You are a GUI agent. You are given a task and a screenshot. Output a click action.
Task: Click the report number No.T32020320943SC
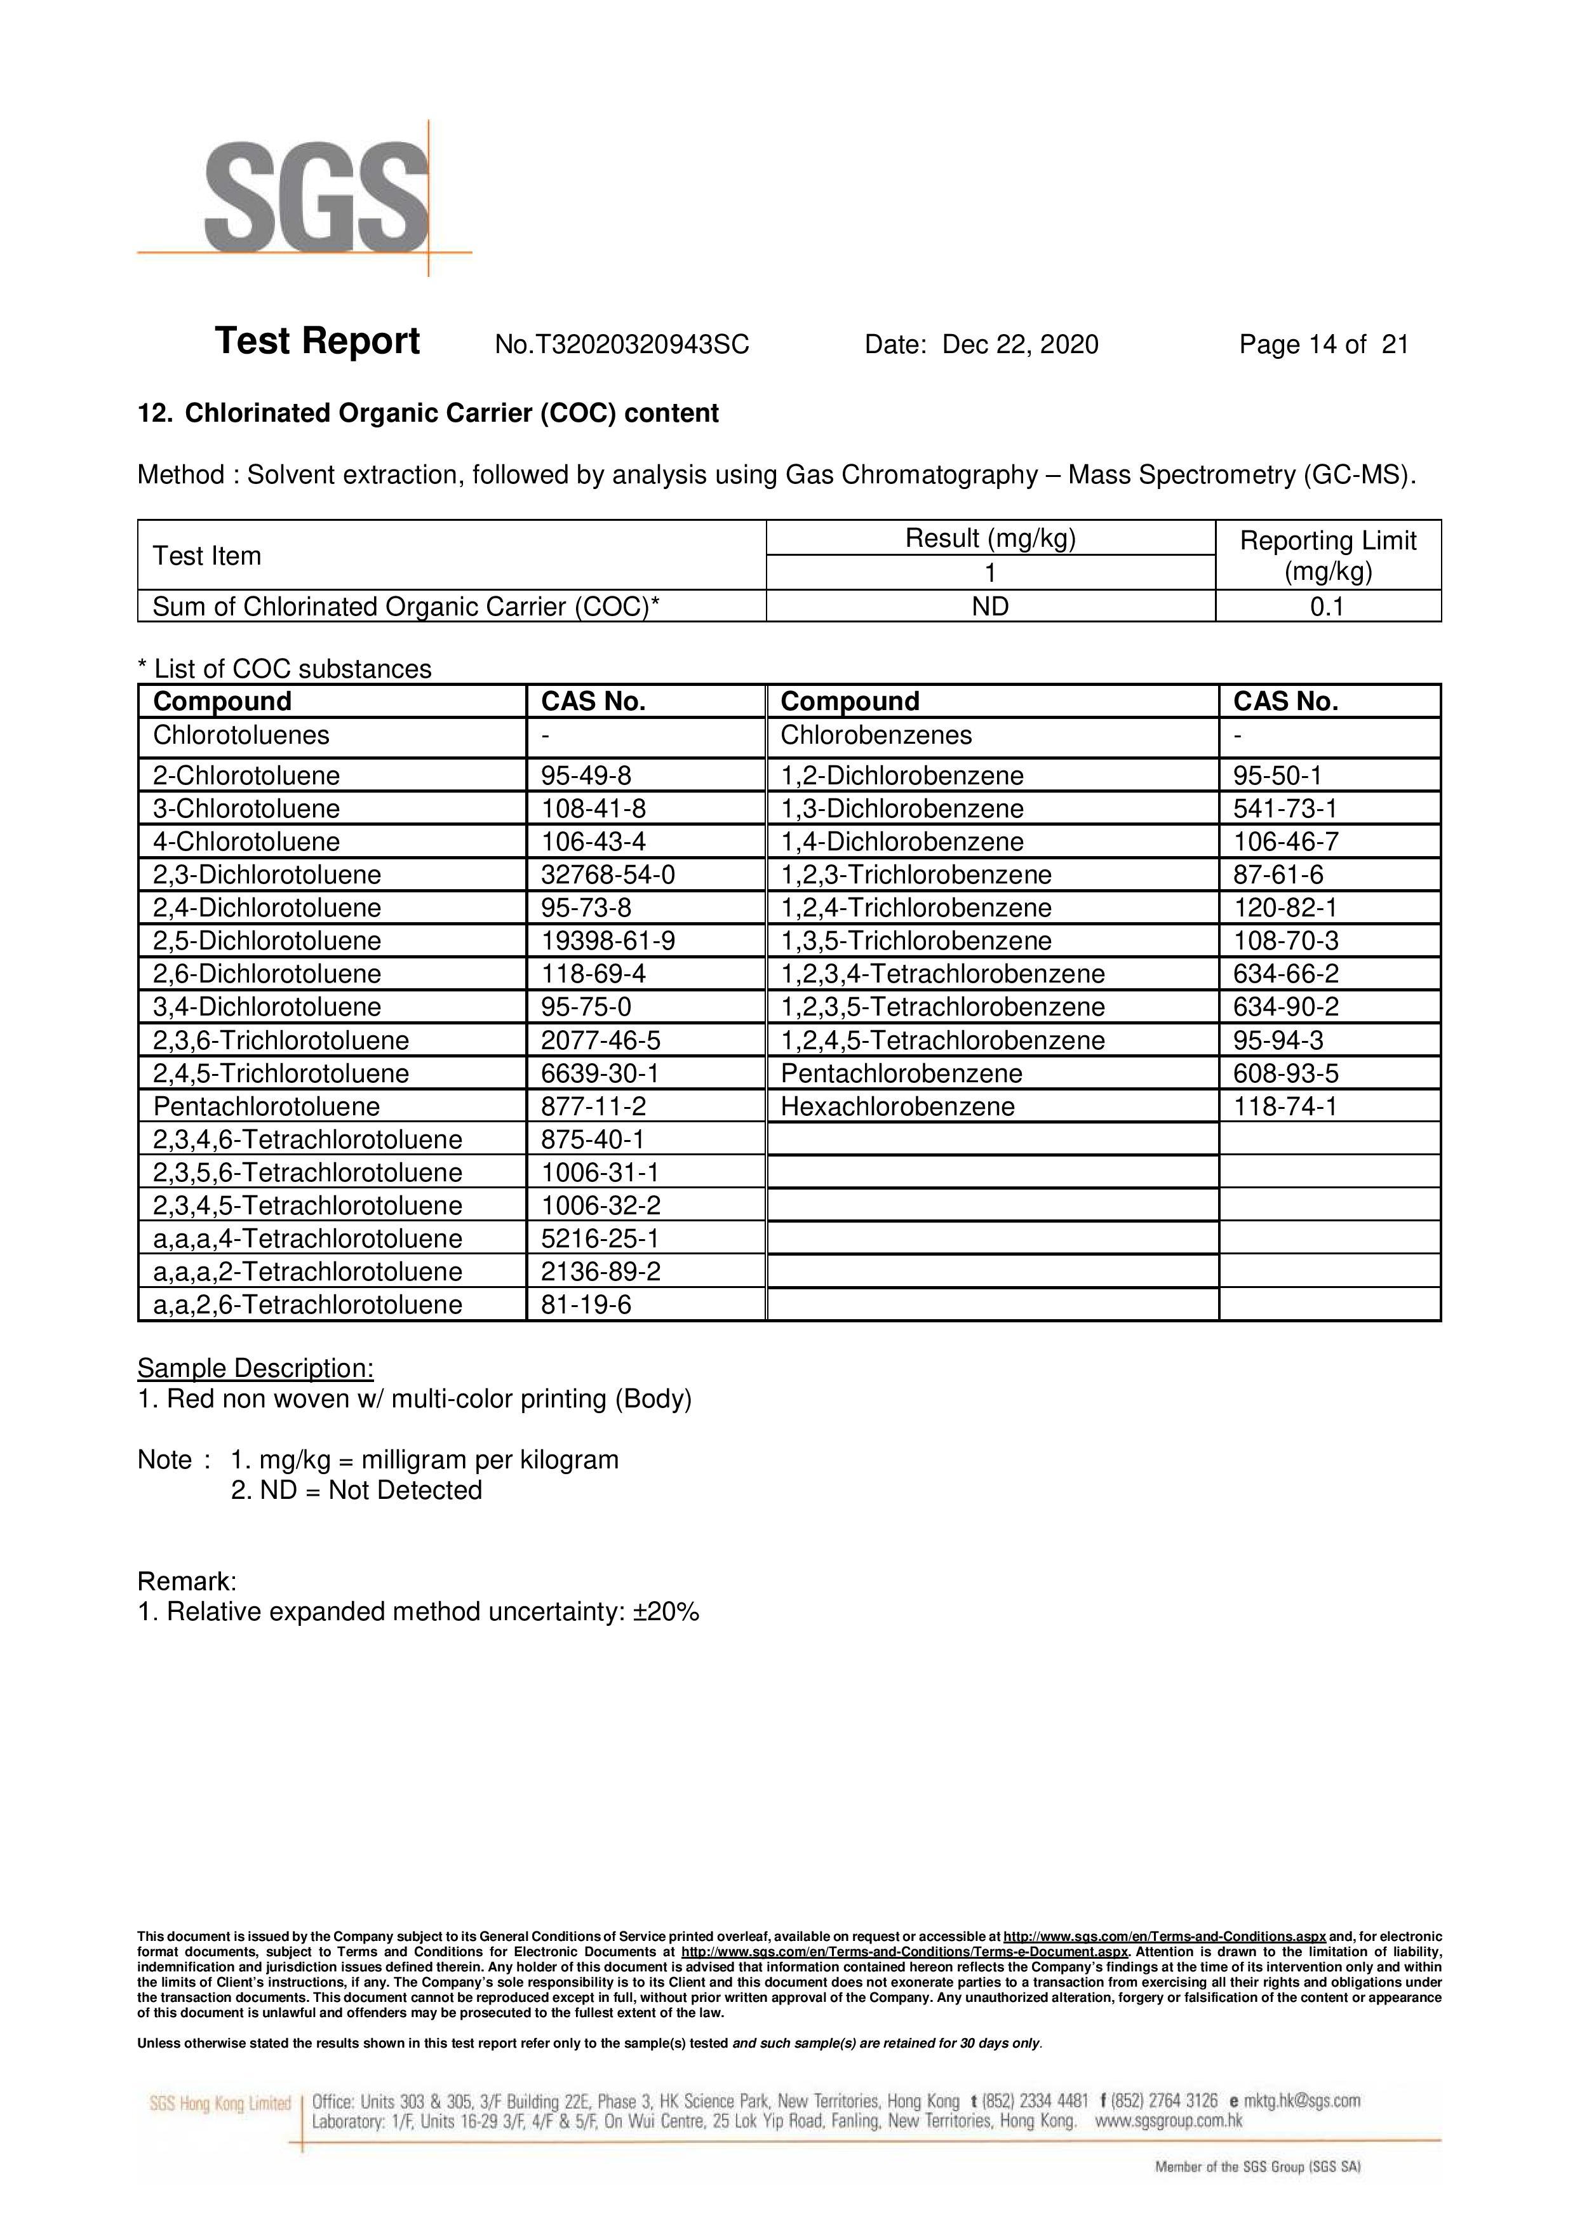pyautogui.click(x=621, y=344)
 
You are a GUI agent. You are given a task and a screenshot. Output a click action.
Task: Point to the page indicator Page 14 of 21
pyautogui.click(x=1323, y=344)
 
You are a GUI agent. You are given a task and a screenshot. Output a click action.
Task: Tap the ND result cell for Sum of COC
pyautogui.click(x=990, y=607)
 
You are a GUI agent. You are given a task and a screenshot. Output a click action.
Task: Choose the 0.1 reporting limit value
pyautogui.click(x=1327, y=607)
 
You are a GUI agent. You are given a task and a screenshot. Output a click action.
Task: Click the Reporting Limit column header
pyautogui.click(x=1327, y=555)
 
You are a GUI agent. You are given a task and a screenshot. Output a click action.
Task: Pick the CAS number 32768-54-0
pyautogui.click(x=608, y=875)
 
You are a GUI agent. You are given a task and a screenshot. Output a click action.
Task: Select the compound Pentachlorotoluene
pyautogui.click(x=266, y=1106)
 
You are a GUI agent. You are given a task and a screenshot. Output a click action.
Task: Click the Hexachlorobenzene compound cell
pyautogui.click(x=897, y=1106)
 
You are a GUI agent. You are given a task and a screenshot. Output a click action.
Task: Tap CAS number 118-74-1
pyautogui.click(x=1284, y=1106)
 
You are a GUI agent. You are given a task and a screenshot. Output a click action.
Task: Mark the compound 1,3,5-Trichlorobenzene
pyautogui.click(x=915, y=941)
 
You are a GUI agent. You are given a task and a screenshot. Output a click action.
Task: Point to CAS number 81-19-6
pyautogui.click(x=586, y=1305)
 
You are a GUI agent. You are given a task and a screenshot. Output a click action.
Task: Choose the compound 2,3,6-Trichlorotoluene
pyautogui.click(x=281, y=1040)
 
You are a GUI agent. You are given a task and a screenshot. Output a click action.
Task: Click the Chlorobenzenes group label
pyautogui.click(x=875, y=735)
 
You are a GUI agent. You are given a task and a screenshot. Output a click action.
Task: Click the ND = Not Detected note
pyautogui.click(x=356, y=1491)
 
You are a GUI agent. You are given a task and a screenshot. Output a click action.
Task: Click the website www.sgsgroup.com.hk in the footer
pyautogui.click(x=1169, y=2121)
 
